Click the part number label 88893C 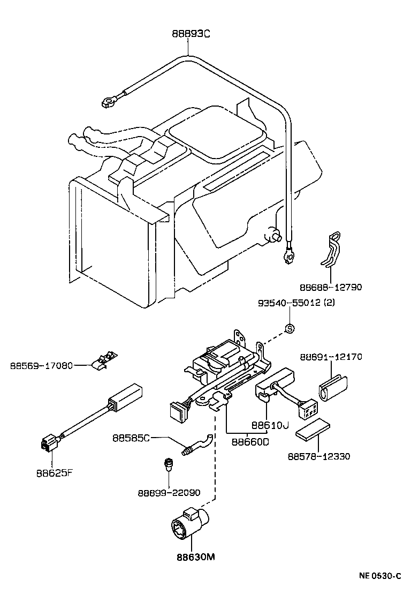[x=191, y=33]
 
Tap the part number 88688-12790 [x=330, y=287]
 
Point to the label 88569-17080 [x=42, y=366]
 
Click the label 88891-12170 [x=331, y=356]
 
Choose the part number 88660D [x=250, y=442]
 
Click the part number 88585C [x=132, y=438]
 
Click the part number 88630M [x=195, y=556]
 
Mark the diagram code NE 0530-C [x=379, y=576]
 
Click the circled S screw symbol [x=289, y=328]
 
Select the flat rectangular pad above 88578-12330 [x=314, y=428]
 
